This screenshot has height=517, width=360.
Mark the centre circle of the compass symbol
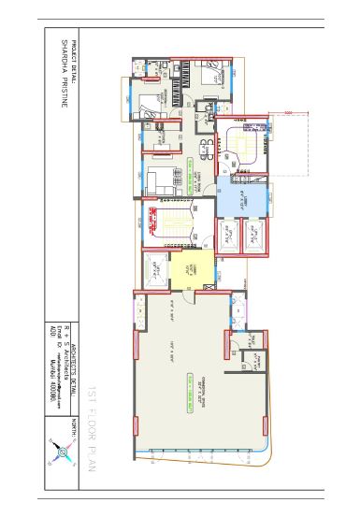tap(62, 454)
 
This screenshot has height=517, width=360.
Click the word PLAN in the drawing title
tap(93, 454)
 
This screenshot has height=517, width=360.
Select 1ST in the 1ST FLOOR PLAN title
tap(93, 393)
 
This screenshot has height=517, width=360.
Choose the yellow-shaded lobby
tap(187, 272)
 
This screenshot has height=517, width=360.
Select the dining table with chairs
tap(205, 144)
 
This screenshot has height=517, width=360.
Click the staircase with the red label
tap(173, 227)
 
